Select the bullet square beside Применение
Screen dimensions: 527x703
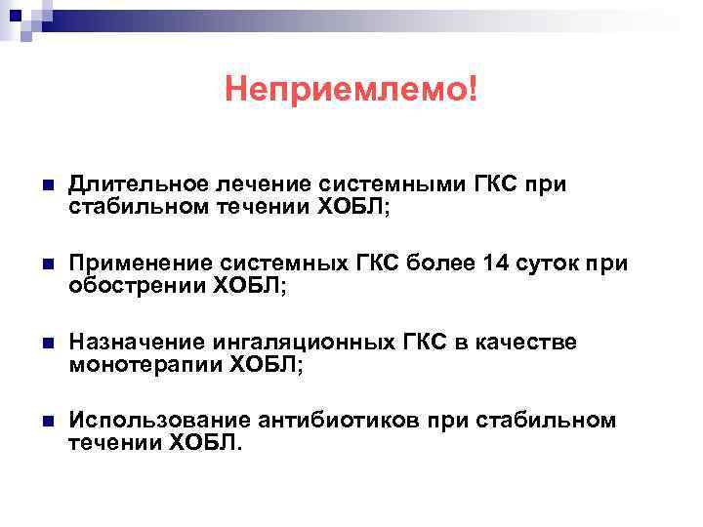[x=46, y=263]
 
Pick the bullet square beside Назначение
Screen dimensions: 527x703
[x=46, y=343]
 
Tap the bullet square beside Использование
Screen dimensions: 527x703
[x=46, y=422]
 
